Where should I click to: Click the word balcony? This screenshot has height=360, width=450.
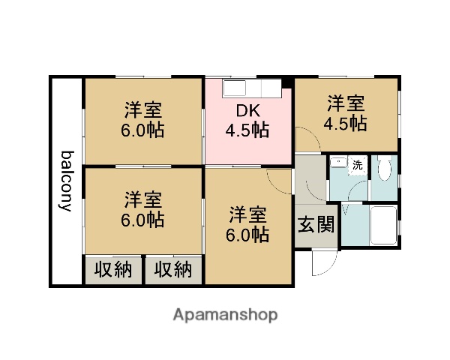coord(67,181)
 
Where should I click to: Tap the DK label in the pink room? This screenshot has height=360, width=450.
coord(247,111)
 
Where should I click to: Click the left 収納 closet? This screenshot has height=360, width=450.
coord(113,268)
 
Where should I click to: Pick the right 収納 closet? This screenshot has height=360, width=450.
coord(174,268)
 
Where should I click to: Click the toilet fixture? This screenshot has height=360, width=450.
coord(384,171)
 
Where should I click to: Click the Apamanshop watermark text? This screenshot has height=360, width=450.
coord(225,314)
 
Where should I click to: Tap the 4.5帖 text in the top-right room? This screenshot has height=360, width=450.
coord(345,124)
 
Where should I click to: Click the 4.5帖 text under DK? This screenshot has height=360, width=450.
coord(247,130)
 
